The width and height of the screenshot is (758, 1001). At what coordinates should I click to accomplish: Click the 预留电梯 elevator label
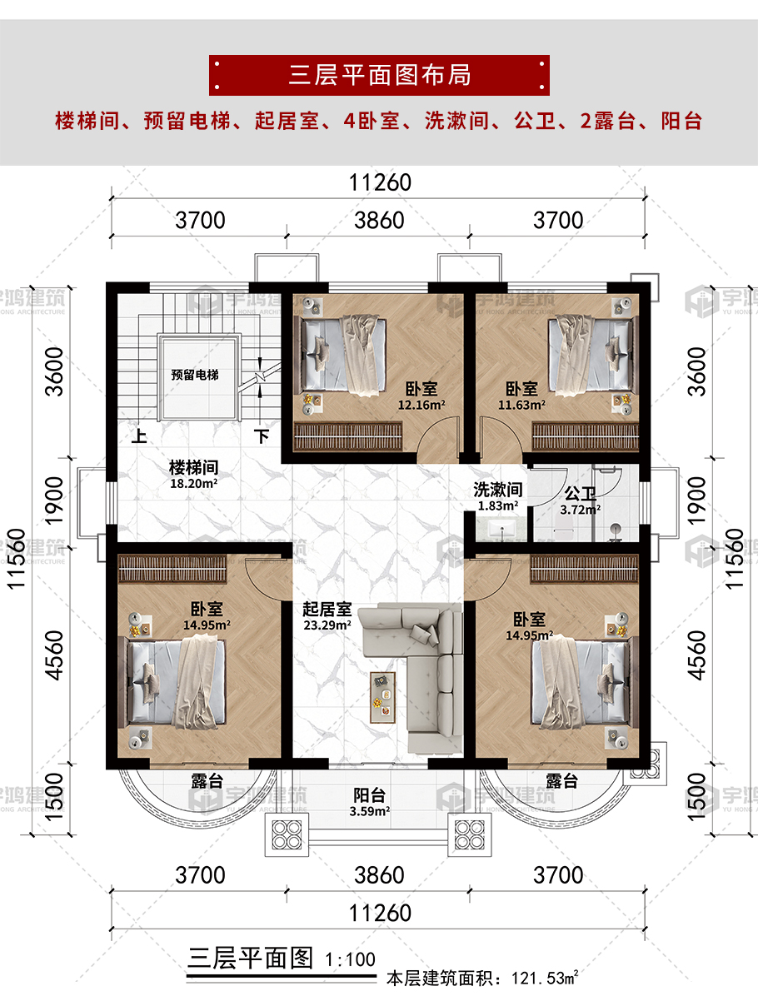[x=195, y=375]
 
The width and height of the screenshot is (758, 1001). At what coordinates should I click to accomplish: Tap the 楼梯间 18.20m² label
[x=194, y=475]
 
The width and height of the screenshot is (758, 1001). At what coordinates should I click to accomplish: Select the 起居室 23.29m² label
[x=327, y=616]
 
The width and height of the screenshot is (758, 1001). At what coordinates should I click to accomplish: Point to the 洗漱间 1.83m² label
[x=497, y=497]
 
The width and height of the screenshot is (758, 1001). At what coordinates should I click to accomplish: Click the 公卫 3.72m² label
[x=580, y=500]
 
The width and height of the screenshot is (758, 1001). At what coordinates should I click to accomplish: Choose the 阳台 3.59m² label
[x=370, y=803]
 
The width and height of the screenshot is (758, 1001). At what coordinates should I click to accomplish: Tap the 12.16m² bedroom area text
[x=421, y=405]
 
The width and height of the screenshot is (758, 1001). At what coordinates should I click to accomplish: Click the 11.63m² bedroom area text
[x=521, y=405]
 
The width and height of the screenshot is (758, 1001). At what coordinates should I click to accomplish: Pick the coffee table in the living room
[x=382, y=697]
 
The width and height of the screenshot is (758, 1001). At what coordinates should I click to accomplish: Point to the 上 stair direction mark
[x=139, y=436]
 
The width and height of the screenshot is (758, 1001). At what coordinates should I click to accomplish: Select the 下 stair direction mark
[x=262, y=436]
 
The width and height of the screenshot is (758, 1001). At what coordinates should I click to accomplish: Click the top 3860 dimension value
[x=379, y=220]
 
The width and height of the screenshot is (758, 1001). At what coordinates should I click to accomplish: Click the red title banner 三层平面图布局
[x=379, y=75]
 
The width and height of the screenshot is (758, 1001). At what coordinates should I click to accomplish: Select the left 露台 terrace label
[x=207, y=781]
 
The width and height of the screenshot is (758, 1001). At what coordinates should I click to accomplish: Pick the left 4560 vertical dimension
[x=55, y=655]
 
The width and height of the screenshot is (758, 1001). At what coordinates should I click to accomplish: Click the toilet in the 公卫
[x=562, y=529]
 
